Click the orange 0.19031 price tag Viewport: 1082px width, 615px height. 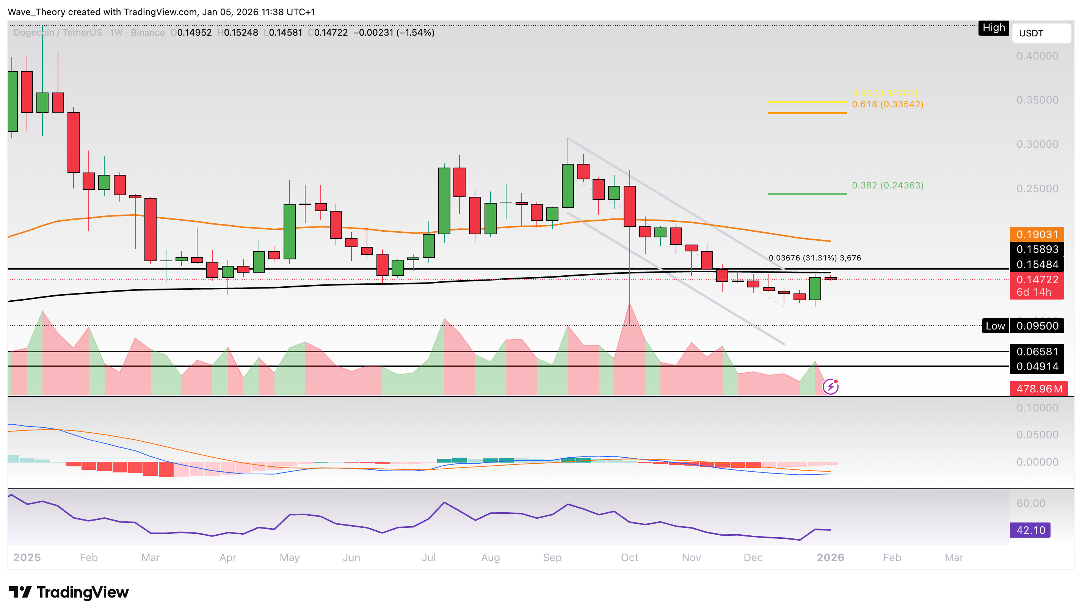[1037, 234]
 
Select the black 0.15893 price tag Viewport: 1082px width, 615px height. [1037, 249]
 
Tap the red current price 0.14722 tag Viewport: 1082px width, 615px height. [1037, 279]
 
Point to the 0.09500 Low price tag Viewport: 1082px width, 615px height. [1037, 326]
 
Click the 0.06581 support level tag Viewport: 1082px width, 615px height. [1037, 351]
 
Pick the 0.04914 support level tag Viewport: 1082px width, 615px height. [1037, 366]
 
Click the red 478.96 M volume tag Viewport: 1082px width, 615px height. [1038, 389]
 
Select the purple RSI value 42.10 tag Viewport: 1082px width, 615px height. [1030, 530]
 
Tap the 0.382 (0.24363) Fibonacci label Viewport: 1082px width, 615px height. [887, 185]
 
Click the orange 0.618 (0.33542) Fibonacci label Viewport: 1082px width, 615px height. [887, 104]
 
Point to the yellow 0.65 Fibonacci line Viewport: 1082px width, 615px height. [807, 102]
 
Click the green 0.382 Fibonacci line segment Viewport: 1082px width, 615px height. [807, 194]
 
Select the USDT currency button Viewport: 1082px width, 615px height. [1041, 33]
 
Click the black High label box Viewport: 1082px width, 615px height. [993, 28]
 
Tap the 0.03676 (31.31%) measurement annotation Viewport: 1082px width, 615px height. [814, 258]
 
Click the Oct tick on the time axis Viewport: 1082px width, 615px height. [629, 557]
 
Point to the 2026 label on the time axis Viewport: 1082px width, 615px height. [830, 557]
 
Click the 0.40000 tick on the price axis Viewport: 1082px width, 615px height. [1037, 56]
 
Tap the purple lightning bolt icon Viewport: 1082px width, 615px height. [830, 386]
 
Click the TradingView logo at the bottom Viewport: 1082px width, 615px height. [69, 592]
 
